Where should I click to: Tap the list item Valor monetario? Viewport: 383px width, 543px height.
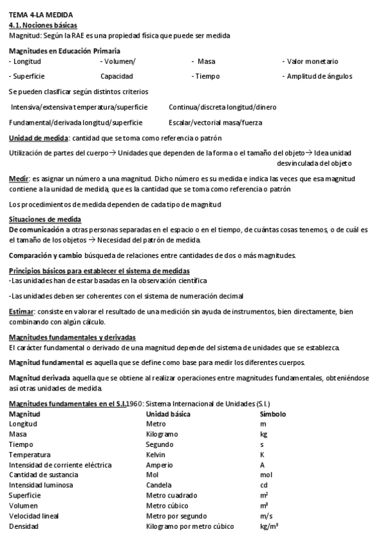pos(311,61)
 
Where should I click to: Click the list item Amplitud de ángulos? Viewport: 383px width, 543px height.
pos(317,76)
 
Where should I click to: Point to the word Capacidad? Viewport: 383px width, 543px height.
pos(116,76)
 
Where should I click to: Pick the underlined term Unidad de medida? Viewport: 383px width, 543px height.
pos(38,138)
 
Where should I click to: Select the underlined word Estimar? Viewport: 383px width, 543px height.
pos(22,311)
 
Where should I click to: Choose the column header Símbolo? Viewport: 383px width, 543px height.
pos(273,414)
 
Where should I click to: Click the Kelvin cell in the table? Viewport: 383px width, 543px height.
pos(155,454)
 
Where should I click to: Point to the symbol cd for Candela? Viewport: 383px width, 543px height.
pos(263,485)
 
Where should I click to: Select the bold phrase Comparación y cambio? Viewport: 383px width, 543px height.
pos(40,255)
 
